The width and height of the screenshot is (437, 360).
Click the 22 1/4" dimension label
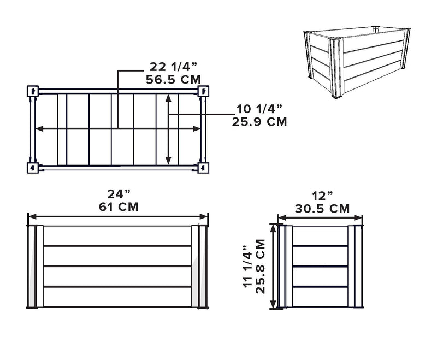point(173,67)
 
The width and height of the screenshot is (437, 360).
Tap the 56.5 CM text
point(173,80)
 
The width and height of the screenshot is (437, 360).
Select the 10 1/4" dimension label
point(259,109)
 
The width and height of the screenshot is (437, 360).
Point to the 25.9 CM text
point(259,122)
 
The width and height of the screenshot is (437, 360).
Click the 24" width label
point(119,194)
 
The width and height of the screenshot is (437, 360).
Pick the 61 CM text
point(119,207)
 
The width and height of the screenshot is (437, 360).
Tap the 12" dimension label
point(322,196)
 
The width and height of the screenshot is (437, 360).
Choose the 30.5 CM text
point(322,209)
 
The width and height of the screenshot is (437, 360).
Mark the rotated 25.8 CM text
point(260,267)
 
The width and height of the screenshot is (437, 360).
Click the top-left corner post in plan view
point(33,91)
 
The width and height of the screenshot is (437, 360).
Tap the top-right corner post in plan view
point(203,91)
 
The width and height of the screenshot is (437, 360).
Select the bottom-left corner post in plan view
point(33,168)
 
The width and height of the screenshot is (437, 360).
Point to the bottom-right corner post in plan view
point(203,168)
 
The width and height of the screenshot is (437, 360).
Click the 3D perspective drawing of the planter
point(357,62)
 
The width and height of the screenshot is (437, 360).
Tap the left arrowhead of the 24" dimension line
point(32,216)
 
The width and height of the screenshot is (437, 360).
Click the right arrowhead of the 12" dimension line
point(358,217)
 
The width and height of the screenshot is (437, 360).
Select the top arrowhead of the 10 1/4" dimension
point(168,98)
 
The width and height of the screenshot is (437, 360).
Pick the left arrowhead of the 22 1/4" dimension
point(39,129)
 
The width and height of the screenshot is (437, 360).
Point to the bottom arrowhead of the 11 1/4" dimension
point(274,304)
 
